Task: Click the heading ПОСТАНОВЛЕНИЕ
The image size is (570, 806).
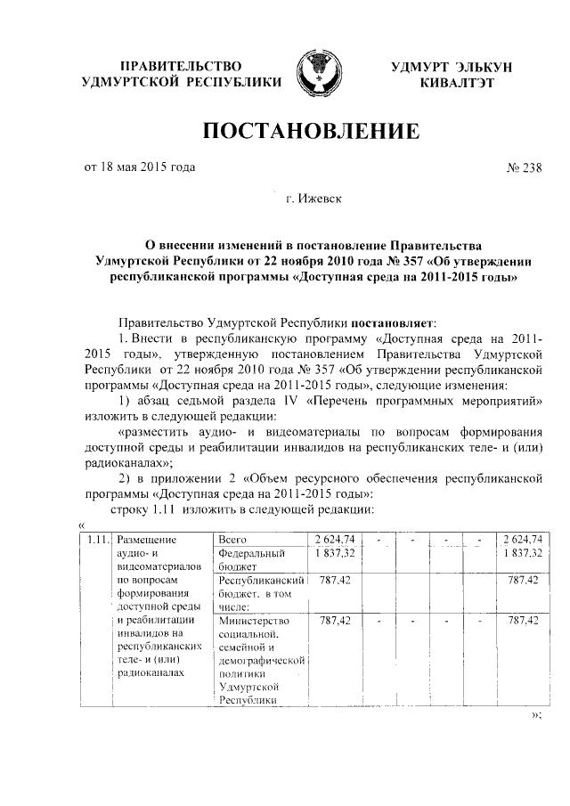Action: click(312, 134)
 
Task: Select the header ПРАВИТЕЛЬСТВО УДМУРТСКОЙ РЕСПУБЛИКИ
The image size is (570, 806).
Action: click(181, 75)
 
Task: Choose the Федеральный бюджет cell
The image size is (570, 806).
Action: click(250, 559)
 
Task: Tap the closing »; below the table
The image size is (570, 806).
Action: click(535, 715)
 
